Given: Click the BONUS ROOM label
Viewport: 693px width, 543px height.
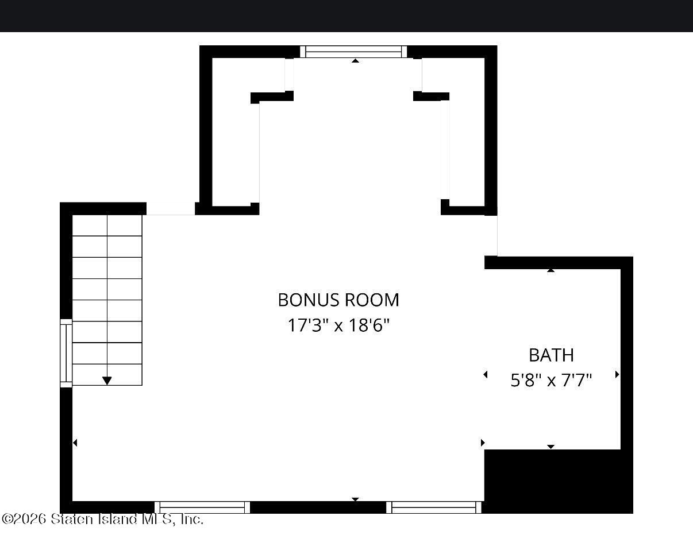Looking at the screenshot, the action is click(338, 300).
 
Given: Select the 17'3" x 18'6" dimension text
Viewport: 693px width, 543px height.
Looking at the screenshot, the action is click(338, 325).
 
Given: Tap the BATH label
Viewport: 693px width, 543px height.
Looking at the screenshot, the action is click(552, 355).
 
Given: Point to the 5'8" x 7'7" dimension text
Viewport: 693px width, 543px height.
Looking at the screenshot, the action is click(551, 380).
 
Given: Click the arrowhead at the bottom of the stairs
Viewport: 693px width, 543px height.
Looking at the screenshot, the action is click(107, 381).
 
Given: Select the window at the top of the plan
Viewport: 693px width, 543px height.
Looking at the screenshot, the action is click(353, 52).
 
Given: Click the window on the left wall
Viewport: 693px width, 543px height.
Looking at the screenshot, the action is click(66, 353).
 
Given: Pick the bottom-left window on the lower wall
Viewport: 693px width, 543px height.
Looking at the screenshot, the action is click(202, 507).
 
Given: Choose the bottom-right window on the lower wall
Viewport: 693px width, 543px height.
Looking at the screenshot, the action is click(434, 507).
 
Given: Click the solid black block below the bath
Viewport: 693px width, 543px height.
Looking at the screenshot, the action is click(559, 481).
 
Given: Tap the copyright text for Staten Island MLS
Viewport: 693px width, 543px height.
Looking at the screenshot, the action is click(103, 519).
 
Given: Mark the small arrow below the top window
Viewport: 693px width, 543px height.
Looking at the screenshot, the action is click(355, 60).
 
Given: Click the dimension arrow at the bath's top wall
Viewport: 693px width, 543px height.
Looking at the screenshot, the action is click(550, 270).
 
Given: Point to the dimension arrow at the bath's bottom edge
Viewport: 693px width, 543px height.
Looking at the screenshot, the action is click(550, 447).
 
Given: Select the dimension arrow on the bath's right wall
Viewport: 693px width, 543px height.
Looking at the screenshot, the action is click(617, 374).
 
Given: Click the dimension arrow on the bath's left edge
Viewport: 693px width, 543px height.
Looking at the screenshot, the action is click(486, 374).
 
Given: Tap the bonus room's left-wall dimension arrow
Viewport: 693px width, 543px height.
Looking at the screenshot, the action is click(75, 443).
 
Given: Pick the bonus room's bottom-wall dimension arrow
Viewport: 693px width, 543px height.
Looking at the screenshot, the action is click(355, 499).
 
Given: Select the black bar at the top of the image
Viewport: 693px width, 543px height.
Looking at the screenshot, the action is click(346, 16).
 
